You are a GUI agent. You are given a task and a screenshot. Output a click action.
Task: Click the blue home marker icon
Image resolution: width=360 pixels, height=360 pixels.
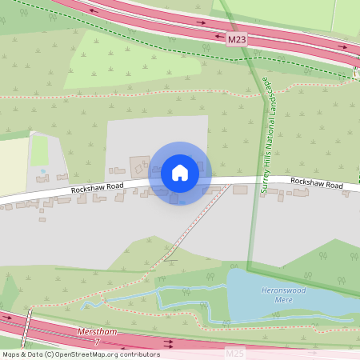[x=180, y=173]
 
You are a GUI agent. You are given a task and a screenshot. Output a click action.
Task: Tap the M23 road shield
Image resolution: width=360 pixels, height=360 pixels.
[x=233, y=38]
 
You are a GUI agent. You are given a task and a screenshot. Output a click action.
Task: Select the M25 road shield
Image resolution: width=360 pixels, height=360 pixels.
[x=233, y=353]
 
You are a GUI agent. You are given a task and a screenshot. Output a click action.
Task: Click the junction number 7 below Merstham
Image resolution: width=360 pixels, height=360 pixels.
[x=98, y=342]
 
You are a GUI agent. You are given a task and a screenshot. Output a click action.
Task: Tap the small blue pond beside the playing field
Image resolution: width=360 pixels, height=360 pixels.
[x=42, y=170]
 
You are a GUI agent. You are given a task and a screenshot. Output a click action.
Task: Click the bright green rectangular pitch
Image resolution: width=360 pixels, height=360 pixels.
[x=39, y=150]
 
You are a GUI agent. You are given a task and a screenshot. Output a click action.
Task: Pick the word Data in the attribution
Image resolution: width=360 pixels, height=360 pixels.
[x=33, y=354]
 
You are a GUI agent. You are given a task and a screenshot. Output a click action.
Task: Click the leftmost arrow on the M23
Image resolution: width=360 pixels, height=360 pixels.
[x=94, y=11]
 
